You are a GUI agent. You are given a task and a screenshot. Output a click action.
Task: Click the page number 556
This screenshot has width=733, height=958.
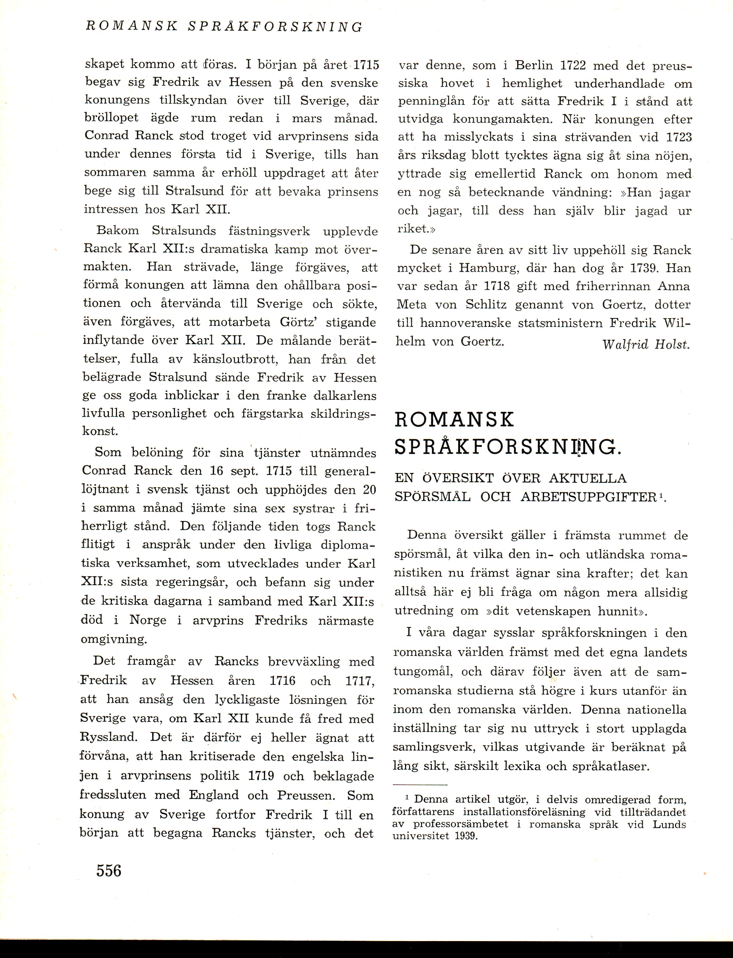[x=109, y=870]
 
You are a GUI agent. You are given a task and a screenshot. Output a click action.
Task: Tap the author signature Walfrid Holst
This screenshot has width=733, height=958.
[x=646, y=345]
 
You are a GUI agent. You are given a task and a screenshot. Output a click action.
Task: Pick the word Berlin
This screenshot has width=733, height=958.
[x=534, y=66]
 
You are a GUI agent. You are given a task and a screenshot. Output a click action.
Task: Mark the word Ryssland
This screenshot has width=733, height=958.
[x=109, y=737]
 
